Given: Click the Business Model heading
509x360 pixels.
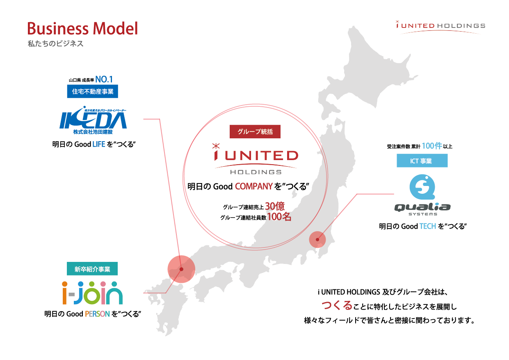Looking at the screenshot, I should [82, 28].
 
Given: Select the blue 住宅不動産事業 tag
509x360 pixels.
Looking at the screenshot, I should [92, 92].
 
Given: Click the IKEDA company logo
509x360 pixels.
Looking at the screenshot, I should [93, 119].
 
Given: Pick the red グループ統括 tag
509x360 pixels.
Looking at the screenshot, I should [255, 132].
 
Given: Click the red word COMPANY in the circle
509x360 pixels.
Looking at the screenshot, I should [253, 186].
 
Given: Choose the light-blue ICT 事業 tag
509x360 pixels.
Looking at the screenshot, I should [422, 161].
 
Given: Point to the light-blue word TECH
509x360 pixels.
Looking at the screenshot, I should [427, 226].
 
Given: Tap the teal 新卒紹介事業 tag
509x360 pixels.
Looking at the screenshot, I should [92, 269].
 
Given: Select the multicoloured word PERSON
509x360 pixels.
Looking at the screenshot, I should [98, 314].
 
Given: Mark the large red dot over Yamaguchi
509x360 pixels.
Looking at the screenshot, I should [181, 269].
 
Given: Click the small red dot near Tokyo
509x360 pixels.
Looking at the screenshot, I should [317, 239].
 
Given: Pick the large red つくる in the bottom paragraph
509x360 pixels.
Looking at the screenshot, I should [337, 305].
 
